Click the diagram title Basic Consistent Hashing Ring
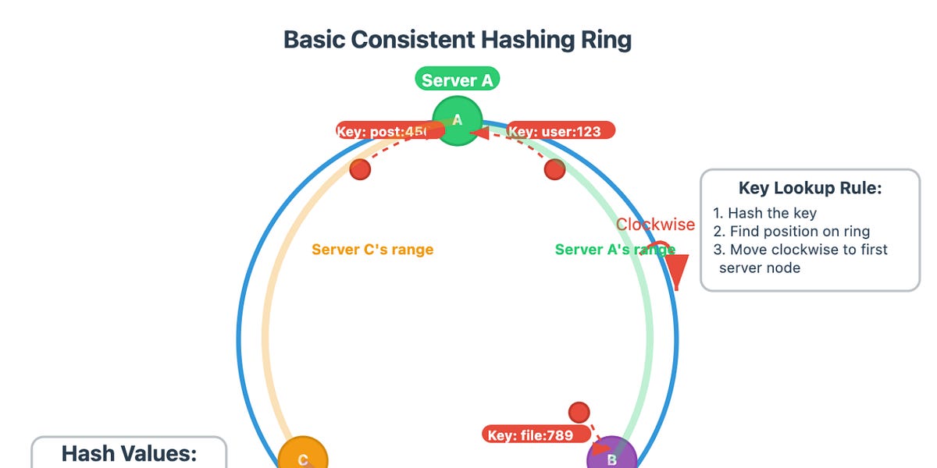coord(457,40)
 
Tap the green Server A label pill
coord(457,80)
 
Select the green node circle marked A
coord(458,121)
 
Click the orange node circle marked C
coord(303,456)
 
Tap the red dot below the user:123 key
coord(554,168)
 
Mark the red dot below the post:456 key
coord(360,168)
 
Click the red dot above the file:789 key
coord(579,412)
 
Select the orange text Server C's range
coord(372,250)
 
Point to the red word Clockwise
coord(655,225)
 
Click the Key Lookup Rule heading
coord(810,189)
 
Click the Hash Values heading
coord(129,454)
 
